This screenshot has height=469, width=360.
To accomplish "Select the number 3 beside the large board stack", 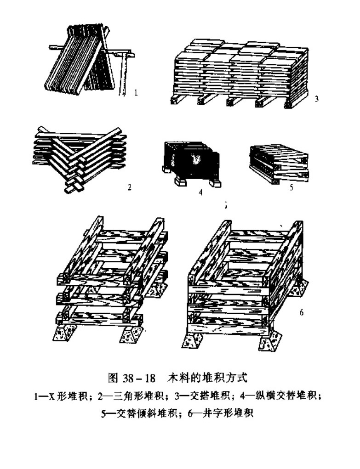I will tap(317, 97).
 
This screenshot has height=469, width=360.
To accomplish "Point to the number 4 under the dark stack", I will tap(200, 193).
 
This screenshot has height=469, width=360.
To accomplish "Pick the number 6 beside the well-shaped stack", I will tap(302, 313).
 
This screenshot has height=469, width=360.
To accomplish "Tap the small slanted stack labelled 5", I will tap(279, 163).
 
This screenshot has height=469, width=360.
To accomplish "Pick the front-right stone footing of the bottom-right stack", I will tap(269, 341).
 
